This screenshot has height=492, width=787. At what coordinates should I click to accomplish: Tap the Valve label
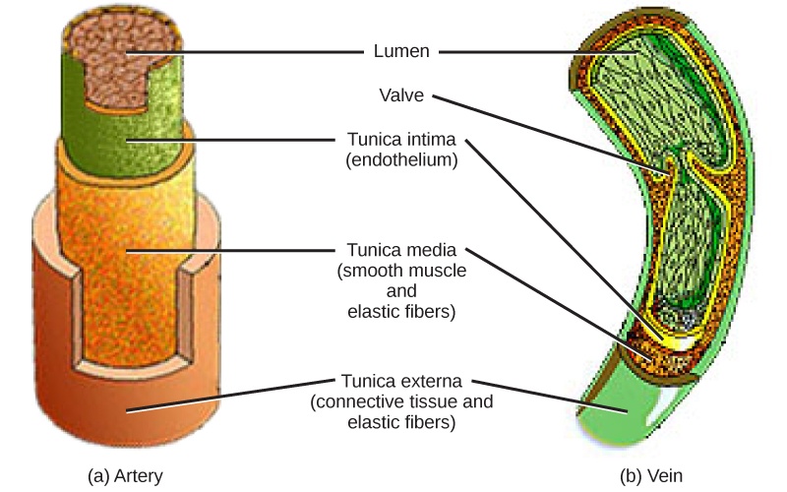point(401,96)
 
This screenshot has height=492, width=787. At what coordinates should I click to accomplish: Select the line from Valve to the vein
point(551,133)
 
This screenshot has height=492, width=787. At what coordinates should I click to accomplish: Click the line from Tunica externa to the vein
point(551,393)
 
